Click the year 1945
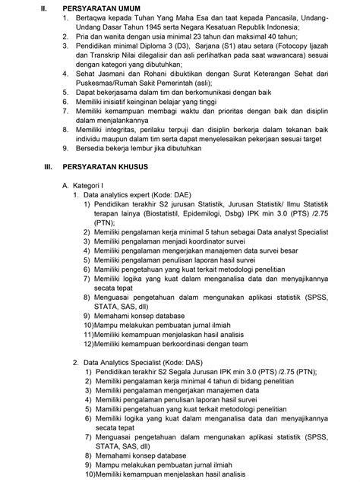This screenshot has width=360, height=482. [153, 27]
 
